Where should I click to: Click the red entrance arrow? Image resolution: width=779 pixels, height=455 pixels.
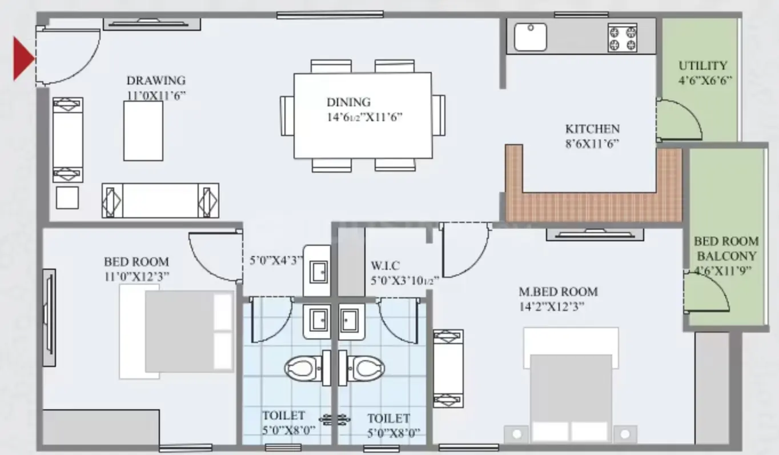23,59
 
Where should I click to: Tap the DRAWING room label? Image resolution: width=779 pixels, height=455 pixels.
156,81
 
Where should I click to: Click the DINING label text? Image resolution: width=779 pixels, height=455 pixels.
348,102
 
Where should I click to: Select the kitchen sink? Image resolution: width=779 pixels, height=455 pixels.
531,37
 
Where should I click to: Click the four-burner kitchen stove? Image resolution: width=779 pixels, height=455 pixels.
623,38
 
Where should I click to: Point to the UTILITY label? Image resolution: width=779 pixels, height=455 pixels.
703,65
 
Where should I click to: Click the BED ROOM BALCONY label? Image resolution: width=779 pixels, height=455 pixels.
726,249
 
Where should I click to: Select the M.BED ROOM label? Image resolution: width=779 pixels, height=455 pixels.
558,292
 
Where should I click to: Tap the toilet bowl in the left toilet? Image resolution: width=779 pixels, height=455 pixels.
303,368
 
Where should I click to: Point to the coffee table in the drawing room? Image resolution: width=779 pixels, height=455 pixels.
143,131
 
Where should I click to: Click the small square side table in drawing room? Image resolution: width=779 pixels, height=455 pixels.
67,198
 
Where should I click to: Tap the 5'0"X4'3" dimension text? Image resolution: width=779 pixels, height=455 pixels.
276,261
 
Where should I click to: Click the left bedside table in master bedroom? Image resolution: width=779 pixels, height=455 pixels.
516,434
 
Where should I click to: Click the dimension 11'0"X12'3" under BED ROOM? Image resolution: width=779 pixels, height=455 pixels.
136,277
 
